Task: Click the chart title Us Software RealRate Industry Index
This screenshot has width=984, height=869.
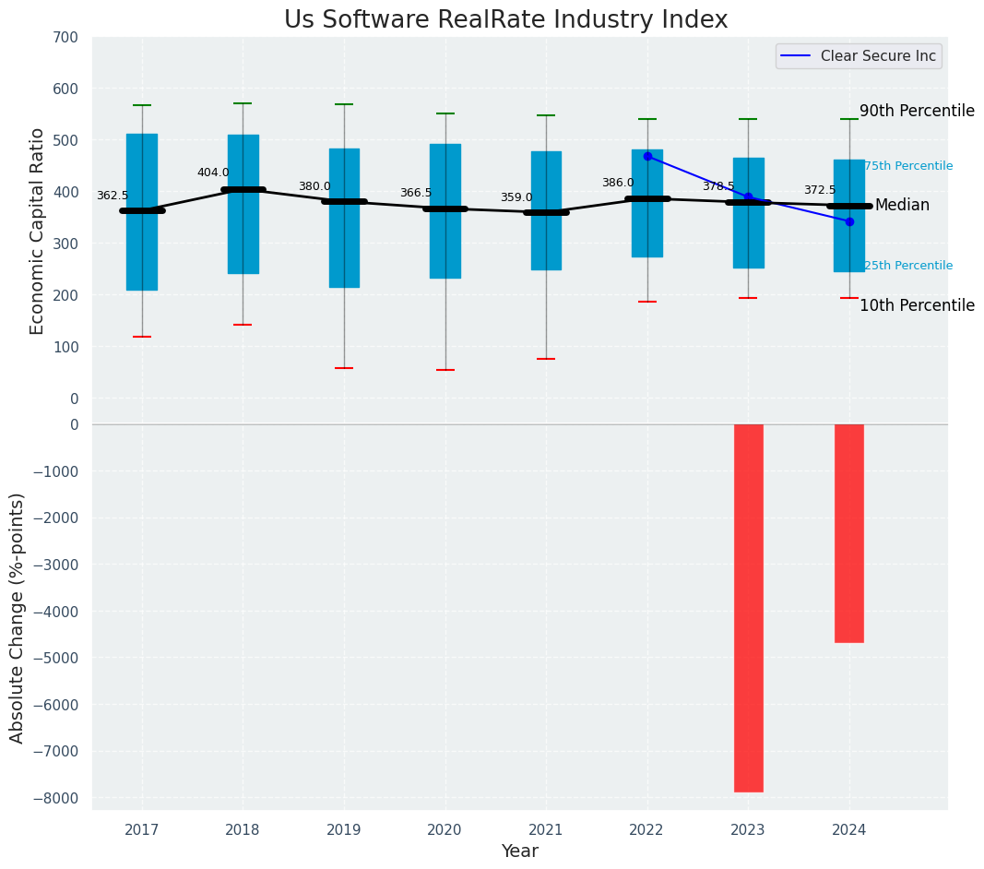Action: (x=505, y=20)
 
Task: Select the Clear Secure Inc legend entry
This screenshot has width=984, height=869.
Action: (x=859, y=56)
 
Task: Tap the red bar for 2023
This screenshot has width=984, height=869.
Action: (x=748, y=608)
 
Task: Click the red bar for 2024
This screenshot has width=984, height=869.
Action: (x=848, y=533)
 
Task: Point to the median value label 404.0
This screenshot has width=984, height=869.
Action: (x=213, y=173)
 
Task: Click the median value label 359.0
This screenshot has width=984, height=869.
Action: (x=516, y=197)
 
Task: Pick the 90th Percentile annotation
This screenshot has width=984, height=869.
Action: (x=917, y=111)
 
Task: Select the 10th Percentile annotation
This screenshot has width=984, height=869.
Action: (x=917, y=305)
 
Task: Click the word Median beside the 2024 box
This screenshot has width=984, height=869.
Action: (x=902, y=205)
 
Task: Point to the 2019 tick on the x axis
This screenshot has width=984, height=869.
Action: (x=344, y=829)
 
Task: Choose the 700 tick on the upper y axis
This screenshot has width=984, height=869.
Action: (x=73, y=37)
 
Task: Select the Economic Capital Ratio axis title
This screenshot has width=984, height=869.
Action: (x=38, y=231)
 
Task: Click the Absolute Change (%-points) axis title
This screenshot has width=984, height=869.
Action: (x=18, y=617)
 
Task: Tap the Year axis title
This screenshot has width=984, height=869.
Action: (x=519, y=851)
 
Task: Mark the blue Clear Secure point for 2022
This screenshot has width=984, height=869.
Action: (x=647, y=156)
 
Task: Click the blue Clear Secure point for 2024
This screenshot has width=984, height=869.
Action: (x=849, y=221)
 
